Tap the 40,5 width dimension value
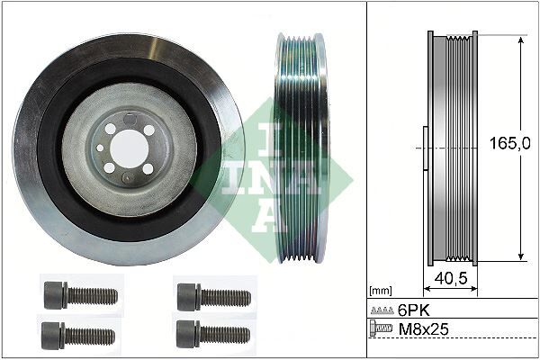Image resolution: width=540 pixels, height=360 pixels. point(451,279)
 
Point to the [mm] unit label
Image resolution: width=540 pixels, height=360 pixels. point(381,292)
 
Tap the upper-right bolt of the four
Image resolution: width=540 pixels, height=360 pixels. point(211,293)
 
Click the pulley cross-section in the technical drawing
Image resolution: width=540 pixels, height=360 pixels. point(450,148)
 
